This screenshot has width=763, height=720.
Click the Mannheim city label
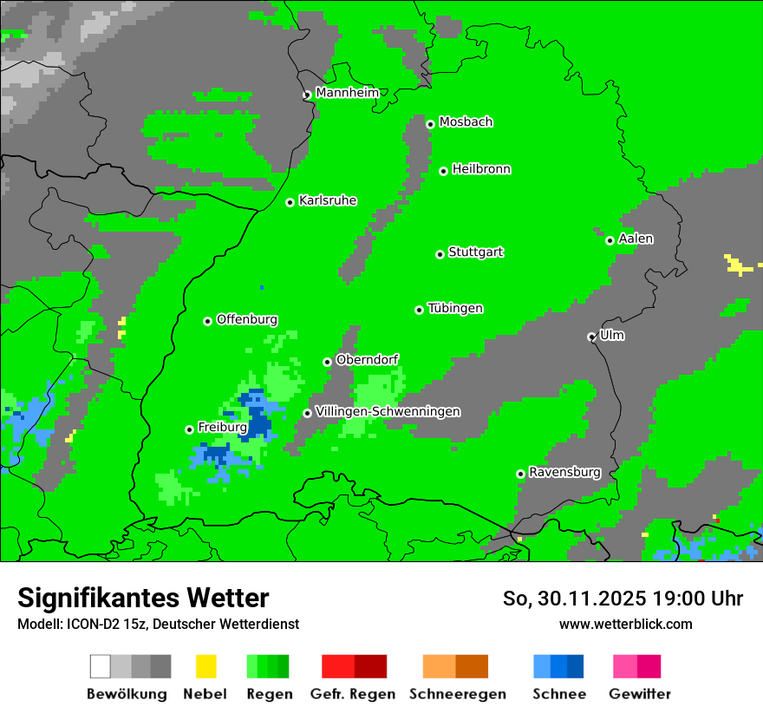click(x=347, y=93)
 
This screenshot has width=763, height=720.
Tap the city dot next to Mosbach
click(x=430, y=124)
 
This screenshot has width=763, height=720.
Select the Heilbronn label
click(x=481, y=169)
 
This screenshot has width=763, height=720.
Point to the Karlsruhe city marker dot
click(x=290, y=202)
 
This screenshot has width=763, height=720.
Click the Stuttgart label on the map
click(x=475, y=252)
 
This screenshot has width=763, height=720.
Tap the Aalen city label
click(x=636, y=239)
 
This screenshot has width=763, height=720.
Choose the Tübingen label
click(x=455, y=309)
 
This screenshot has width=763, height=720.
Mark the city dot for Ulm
click(x=591, y=337)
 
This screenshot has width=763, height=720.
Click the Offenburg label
click(x=247, y=319)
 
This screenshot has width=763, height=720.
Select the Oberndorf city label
click(x=367, y=360)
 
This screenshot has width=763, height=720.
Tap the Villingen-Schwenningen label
click(x=388, y=411)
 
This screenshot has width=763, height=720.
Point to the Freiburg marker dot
click(x=189, y=429)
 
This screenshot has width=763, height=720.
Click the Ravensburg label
click(x=564, y=473)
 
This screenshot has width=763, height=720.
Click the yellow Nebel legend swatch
click(x=205, y=666)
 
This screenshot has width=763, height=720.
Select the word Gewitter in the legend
click(x=639, y=694)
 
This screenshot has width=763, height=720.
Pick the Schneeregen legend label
click(x=457, y=694)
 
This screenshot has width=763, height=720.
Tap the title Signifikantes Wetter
click(x=143, y=598)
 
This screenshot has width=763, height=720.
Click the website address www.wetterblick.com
click(x=625, y=624)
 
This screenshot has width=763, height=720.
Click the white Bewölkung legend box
click(x=101, y=666)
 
